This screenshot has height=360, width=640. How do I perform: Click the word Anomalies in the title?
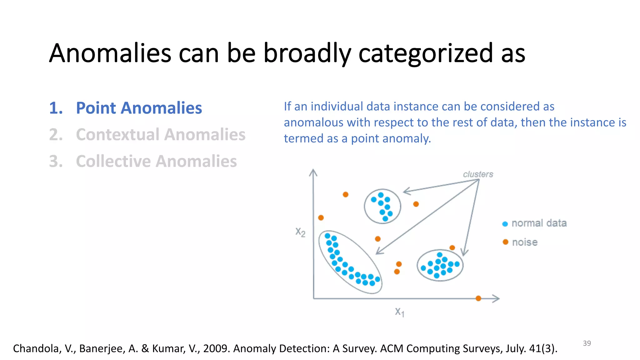(x=110, y=53)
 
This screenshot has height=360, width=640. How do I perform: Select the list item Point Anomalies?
(x=139, y=108)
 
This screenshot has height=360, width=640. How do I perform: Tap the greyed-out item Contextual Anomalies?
(x=160, y=135)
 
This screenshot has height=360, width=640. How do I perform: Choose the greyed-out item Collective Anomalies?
(x=156, y=161)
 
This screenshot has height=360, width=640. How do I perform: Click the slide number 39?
(x=587, y=343)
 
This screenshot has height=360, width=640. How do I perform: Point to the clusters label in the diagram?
(x=478, y=174)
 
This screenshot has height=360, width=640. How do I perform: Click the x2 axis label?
(x=300, y=232)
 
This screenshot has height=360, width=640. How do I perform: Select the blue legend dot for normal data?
(x=505, y=224)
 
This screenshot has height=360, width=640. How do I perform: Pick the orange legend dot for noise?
(x=505, y=242)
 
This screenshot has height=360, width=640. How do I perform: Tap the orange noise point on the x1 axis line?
(x=478, y=298)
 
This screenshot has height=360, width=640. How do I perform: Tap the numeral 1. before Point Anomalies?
(x=56, y=108)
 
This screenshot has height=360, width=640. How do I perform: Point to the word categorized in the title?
(x=426, y=53)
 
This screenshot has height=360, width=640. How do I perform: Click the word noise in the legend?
(x=525, y=242)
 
